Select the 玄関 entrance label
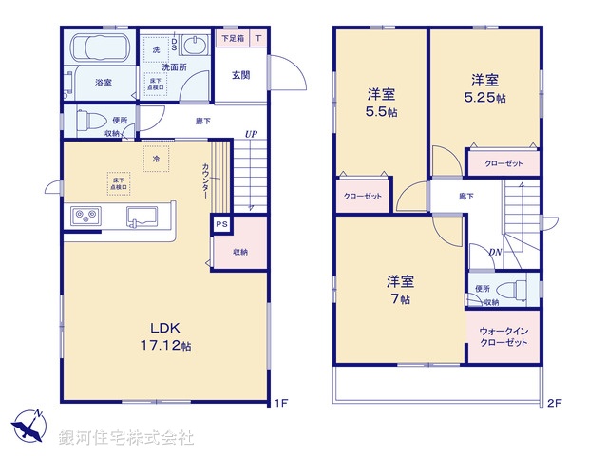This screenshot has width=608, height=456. coord(240,74)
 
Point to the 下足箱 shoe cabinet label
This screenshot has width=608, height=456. coord(231,39)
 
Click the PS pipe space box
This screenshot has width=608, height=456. coord(221,224)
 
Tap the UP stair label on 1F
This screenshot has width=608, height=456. coord(250,134)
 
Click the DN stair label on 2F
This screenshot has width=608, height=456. coord(495,252)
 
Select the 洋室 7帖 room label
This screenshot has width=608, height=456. coord(399,290)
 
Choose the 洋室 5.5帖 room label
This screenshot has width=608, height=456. coord(382,103)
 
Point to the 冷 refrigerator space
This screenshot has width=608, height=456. coord(157,159)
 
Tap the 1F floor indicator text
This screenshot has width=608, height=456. coord(280,403)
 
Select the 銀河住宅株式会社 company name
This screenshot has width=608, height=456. coord(126,438)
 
